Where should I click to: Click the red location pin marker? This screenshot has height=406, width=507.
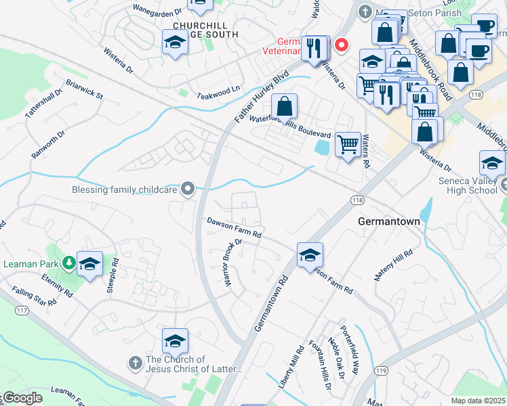342,46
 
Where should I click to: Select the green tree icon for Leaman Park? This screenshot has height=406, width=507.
68,262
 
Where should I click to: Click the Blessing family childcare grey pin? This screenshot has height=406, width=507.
188,189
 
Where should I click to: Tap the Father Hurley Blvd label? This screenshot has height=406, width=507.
262,96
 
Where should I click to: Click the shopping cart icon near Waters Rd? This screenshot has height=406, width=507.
348,143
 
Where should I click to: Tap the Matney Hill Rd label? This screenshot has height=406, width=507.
393,265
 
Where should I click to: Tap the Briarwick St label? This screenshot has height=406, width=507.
84,90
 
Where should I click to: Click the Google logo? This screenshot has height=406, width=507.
23,398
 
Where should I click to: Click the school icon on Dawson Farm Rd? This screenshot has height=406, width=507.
310,254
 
